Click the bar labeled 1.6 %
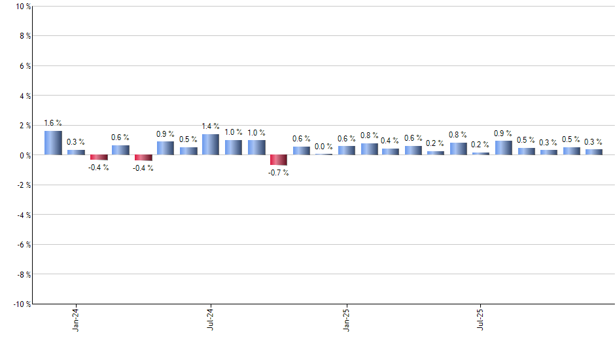pyautogui.click(x=53, y=143)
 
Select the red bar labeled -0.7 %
pyautogui.click(x=279, y=160)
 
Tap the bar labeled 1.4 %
pyautogui.click(x=211, y=145)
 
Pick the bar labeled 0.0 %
pyautogui.click(x=324, y=154)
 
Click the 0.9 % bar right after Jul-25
pyautogui.click(x=504, y=148)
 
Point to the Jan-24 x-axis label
pyautogui.click(x=77, y=319)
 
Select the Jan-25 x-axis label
pyautogui.click(x=347, y=319)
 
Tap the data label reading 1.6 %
pyautogui.click(x=53, y=122)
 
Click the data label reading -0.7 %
pyautogui.click(x=279, y=173)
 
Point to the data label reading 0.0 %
pyautogui.click(x=324, y=147)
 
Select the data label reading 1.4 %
pyautogui.click(x=211, y=126)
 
